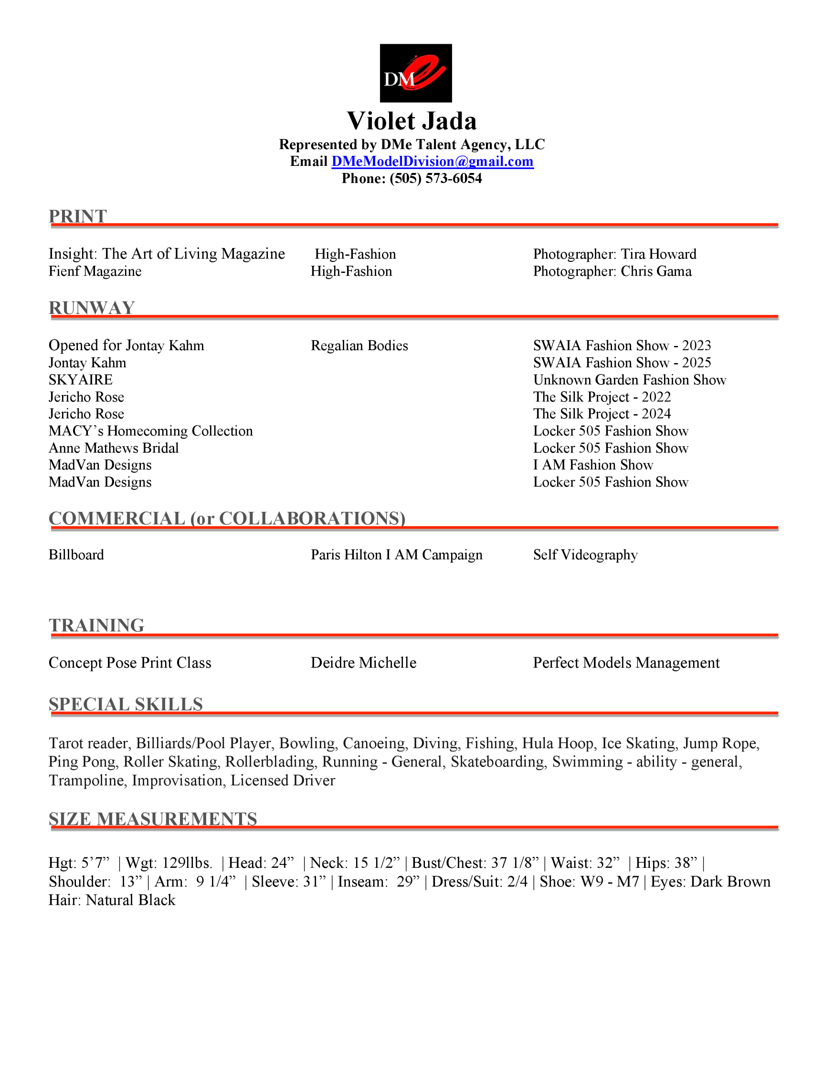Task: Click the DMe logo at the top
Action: [x=415, y=73]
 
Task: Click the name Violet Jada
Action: [x=411, y=121]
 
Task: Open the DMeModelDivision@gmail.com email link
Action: [x=432, y=162]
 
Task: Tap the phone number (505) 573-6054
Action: [x=436, y=179]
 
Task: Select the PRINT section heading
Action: [x=77, y=216]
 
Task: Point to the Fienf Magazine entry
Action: [x=95, y=271]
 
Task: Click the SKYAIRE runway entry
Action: [x=80, y=380]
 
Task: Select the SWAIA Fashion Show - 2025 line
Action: [x=622, y=363]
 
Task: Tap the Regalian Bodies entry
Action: [x=359, y=346]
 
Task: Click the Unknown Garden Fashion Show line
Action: [x=629, y=380]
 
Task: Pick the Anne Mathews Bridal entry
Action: [x=113, y=448]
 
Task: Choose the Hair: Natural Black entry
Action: [x=112, y=900]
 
